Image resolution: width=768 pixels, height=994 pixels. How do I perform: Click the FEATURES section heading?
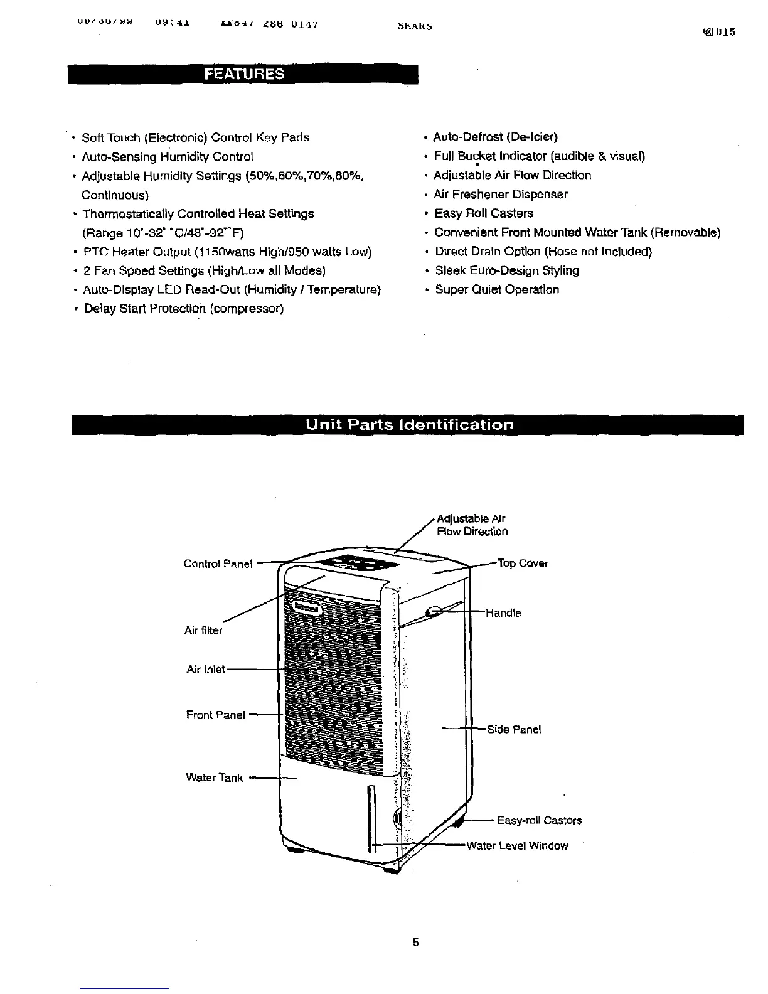pyautogui.click(x=243, y=73)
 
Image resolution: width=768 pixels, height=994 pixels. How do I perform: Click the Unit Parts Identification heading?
pyautogui.click(x=409, y=424)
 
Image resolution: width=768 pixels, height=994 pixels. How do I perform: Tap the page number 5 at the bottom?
pyautogui.click(x=415, y=942)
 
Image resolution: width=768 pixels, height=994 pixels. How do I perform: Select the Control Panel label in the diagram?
pyautogui.click(x=218, y=564)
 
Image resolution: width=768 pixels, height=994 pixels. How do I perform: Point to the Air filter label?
pyautogui.click(x=203, y=631)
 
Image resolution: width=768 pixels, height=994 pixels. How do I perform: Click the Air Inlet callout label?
pyautogui.click(x=206, y=670)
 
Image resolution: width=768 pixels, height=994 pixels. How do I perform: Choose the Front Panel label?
pyautogui.click(x=216, y=715)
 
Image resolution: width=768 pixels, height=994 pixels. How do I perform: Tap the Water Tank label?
pyautogui.click(x=215, y=778)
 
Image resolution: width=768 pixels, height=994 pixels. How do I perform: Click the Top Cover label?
pyautogui.click(x=523, y=563)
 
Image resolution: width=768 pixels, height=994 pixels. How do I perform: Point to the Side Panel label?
pyautogui.click(x=514, y=729)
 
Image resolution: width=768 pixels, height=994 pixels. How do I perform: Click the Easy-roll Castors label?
pyautogui.click(x=539, y=820)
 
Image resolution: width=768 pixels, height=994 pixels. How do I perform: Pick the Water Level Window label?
pyautogui.click(x=517, y=846)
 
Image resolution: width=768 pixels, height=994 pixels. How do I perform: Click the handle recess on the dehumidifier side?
pyautogui.click(x=432, y=612)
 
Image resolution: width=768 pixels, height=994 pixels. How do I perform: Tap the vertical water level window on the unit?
pyautogui.click(x=371, y=819)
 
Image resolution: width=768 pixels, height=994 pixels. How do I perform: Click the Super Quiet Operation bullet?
pyautogui.click(x=497, y=289)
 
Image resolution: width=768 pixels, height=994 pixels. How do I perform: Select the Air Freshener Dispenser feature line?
pyautogui.click(x=501, y=194)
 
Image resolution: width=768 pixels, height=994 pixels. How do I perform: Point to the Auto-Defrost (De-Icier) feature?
pyautogui.click(x=496, y=137)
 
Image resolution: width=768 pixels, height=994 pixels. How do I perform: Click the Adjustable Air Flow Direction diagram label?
pyautogui.click(x=472, y=525)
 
